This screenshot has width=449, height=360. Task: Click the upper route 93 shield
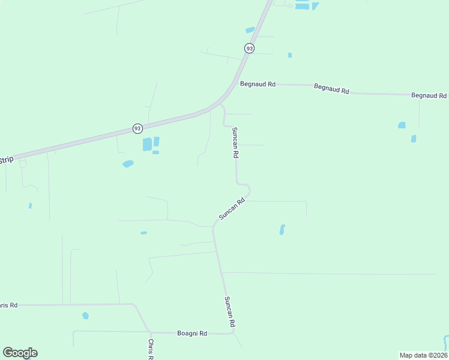pos(249,48)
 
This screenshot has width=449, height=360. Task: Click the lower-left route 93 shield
pos(137,128)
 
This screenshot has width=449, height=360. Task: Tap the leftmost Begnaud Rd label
pos(258,85)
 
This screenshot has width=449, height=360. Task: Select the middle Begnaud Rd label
pos(331,88)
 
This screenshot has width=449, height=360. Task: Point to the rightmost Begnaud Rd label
pos(429,95)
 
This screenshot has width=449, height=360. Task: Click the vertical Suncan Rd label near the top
pos(236,143)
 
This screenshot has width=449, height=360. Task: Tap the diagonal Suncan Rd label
pos(232,209)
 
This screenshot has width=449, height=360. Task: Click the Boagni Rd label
pos(192,333)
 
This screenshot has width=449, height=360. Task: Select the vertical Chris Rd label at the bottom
pos(151,349)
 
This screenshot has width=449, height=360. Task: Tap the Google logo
pos(20,353)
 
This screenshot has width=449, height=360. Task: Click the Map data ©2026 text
pos(423,355)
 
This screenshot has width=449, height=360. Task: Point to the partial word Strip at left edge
pos(6,160)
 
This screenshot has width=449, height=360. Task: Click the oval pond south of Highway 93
pos(128,164)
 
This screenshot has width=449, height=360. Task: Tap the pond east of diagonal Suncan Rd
pos(282,229)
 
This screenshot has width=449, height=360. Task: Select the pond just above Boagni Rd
pos(85,316)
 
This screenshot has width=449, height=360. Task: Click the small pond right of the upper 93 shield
pos(290,55)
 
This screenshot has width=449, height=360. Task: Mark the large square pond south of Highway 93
pos(147,145)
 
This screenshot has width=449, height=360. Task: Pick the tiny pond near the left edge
pos(30,206)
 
